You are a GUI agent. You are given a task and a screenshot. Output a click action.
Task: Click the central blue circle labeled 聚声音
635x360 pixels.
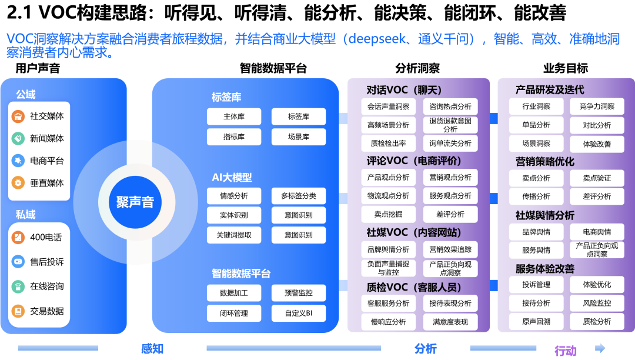coord(135,202)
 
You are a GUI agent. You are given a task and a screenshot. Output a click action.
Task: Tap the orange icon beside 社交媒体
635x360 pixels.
coord(18,116)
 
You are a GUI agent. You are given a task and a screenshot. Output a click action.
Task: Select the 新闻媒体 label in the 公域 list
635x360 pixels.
coord(47,138)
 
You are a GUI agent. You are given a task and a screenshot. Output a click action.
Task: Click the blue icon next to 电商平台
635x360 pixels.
coord(18,161)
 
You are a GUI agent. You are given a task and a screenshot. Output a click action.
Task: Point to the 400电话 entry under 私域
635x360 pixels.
coord(46,237)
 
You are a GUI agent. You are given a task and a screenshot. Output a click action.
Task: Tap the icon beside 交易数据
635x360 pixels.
coord(18,311)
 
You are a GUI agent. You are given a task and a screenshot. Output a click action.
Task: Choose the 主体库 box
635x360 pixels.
coord(234,116)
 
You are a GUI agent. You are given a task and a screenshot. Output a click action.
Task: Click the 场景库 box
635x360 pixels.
coord(298,137)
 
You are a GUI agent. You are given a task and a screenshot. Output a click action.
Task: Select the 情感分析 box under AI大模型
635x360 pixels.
coord(234,196)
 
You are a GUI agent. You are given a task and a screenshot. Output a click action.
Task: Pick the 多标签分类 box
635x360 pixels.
coord(298,196)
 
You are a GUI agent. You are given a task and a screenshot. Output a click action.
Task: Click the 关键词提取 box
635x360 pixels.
coord(234,235)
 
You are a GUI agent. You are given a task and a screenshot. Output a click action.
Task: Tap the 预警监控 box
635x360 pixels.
coord(298,293)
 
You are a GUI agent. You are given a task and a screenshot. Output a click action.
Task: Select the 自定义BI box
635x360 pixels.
coord(298,314)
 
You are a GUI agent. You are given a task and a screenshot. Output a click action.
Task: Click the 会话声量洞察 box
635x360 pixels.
coord(388,106)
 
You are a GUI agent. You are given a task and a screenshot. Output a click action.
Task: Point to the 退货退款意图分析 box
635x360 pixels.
coord(450,125)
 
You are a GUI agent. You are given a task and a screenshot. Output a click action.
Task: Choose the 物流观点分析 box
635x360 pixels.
coord(388,196)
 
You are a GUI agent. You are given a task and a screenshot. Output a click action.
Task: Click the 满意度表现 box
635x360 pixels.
coord(450,322)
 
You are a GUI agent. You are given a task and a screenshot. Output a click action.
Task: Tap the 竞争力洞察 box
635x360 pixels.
coord(597,106)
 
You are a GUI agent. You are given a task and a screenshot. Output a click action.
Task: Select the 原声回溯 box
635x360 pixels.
coord(536,322)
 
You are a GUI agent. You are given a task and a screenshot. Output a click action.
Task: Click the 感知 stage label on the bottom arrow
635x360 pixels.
coord(152,348)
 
